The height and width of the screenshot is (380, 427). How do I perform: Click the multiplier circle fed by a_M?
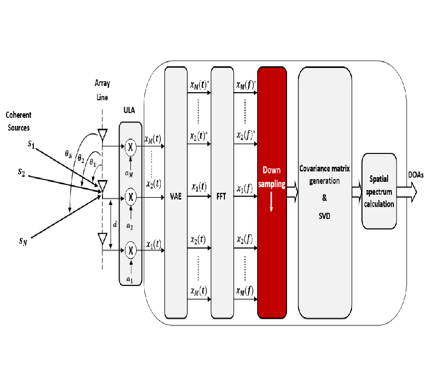(x=130, y=147)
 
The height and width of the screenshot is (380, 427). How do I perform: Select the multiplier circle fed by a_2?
(x=130, y=196)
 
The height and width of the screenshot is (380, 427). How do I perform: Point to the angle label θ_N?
(x=69, y=154)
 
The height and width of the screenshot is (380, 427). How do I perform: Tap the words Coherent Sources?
(x=19, y=121)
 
